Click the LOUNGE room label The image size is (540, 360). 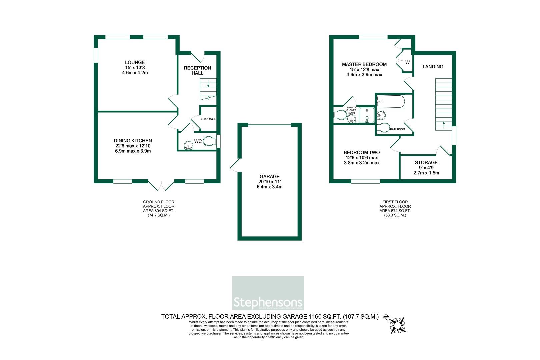click(135, 62)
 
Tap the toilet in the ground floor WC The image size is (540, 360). click(209, 141)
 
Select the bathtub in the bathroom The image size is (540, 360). click(391, 102)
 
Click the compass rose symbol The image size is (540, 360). click(398, 325)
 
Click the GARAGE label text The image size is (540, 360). click(269, 176)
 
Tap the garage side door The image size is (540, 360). click(235, 165)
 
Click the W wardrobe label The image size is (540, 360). click(407, 62)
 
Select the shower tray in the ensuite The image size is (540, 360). click(367, 115)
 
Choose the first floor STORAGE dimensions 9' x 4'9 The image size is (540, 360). click(426, 168)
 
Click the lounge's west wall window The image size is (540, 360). click(96, 55)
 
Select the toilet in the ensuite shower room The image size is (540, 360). click(340, 115)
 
